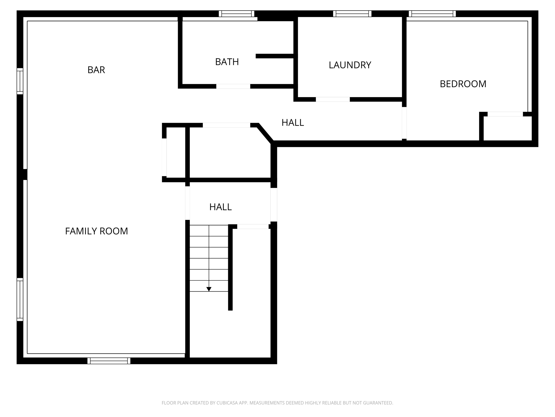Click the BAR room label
pyautogui.click(x=96, y=70)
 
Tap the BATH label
pyautogui.click(x=227, y=62)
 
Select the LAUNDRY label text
pyautogui.click(x=350, y=65)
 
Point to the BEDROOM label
pyautogui.click(x=463, y=84)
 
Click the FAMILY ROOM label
pyautogui.click(x=96, y=231)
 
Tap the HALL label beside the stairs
pyautogui.click(x=220, y=207)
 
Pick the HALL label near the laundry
pyautogui.click(x=292, y=123)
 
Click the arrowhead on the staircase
pyautogui.click(x=209, y=289)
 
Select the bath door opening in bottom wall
pyautogui.click(x=233, y=86)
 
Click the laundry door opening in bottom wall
pyautogui.click(x=333, y=99)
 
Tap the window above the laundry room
pyautogui.click(x=352, y=14)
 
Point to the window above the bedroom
pyautogui.click(x=432, y=14)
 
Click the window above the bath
pyautogui.click(x=237, y=14)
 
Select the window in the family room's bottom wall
pyautogui.click(x=109, y=361)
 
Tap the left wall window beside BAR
pyautogui.click(x=20, y=81)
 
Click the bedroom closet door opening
pyautogui.click(x=505, y=114)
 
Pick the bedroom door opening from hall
pyautogui.click(x=404, y=123)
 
